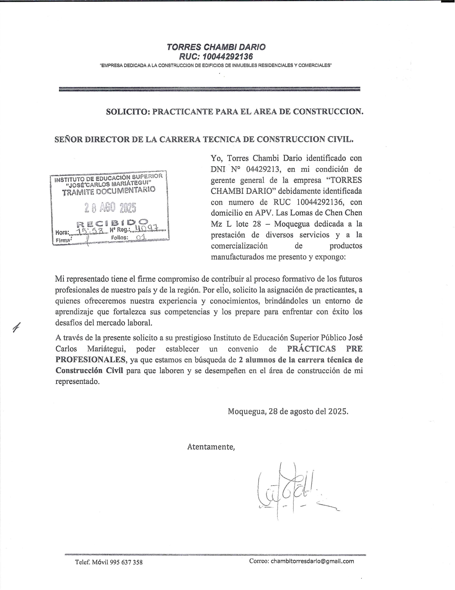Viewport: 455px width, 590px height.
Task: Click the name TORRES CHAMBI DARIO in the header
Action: [x=216, y=47]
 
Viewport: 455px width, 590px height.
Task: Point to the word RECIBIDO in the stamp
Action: [x=112, y=223]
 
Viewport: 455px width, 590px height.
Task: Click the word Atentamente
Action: [x=211, y=447]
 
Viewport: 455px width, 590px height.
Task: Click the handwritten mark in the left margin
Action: [x=17, y=328]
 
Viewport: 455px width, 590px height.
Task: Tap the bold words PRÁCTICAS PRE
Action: [x=325, y=349]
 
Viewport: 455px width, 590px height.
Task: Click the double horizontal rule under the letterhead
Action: [x=209, y=89]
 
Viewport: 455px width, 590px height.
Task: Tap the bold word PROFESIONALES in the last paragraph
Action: [x=90, y=360]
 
